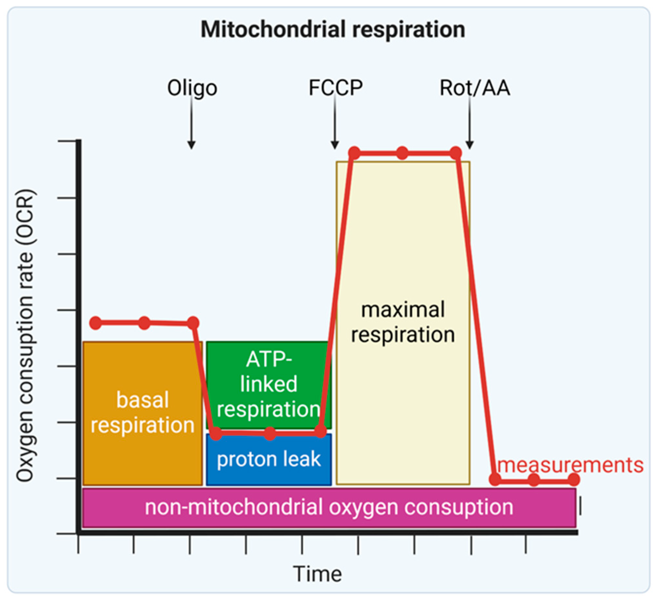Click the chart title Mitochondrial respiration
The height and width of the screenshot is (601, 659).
click(x=332, y=30)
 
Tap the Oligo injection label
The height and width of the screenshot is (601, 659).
click(x=192, y=88)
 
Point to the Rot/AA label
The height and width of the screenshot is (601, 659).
click(x=475, y=88)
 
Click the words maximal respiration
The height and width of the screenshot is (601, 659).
click(x=403, y=322)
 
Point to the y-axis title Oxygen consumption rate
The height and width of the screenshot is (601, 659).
click(x=26, y=335)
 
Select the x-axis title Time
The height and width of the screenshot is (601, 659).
click(x=317, y=574)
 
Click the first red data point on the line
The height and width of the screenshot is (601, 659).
click(x=96, y=323)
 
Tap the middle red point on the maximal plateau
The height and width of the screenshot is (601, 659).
click(x=403, y=153)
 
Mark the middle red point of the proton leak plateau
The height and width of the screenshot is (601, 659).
click(x=270, y=434)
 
